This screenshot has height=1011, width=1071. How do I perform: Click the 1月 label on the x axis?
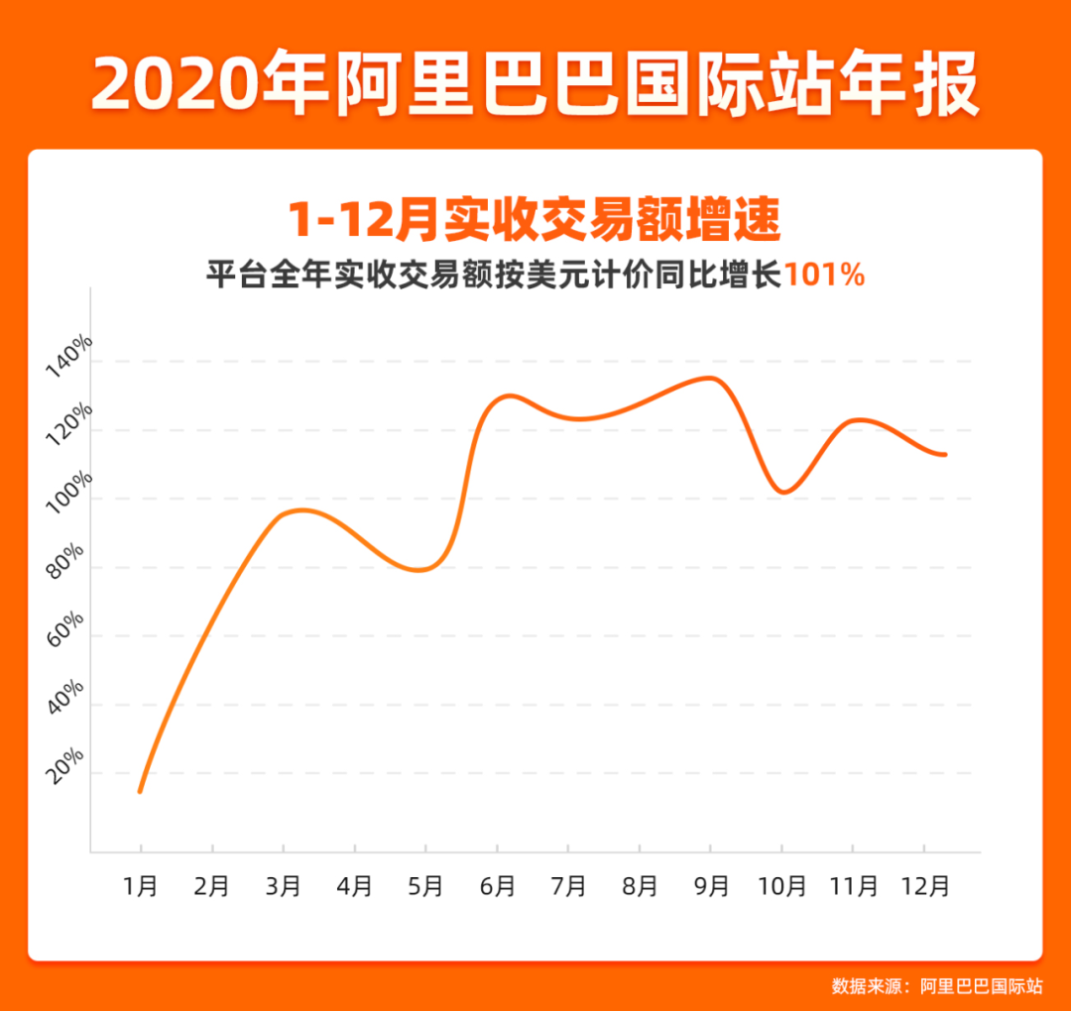[x=141, y=885]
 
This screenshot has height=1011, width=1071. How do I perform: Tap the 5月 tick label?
[x=426, y=885]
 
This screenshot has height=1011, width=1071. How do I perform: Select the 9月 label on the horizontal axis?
[x=711, y=885]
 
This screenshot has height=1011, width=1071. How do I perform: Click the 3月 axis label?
[x=284, y=885]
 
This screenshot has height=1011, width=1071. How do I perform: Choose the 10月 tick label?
[x=782, y=885]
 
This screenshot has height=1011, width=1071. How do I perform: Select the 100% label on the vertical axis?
[x=69, y=492]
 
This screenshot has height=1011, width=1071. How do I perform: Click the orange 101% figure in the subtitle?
[x=824, y=275]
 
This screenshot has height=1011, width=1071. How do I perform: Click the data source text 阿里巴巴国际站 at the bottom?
[x=981, y=986]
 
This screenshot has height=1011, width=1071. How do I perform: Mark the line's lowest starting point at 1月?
[x=140, y=791]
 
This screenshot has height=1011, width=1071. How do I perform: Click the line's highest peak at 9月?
[x=711, y=378]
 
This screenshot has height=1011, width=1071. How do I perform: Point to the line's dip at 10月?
[x=783, y=492]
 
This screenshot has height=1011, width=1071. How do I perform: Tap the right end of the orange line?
[x=944, y=454]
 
